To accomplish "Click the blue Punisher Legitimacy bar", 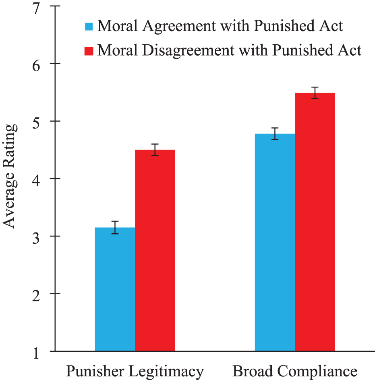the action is (115, 289).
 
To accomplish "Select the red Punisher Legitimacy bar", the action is (155, 251).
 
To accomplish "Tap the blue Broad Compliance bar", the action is (275, 243).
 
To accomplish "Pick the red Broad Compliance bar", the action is (315, 222).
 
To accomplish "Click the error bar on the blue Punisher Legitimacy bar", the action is (115, 228).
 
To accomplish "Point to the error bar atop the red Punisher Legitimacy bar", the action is (155, 150).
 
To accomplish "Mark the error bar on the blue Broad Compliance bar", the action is (275, 134).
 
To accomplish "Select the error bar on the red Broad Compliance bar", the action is (315, 93).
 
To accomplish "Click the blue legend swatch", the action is (89, 27).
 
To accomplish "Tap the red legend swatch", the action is (89, 51).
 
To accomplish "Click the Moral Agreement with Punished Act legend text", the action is (220, 26).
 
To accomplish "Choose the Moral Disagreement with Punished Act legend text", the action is (230, 50).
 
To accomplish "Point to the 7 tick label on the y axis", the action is (36, 9).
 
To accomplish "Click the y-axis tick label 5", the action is (36, 124).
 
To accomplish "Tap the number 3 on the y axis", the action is (36, 239).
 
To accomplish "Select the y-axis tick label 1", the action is (36, 354).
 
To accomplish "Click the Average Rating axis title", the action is (10, 176).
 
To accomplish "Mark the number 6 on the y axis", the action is (36, 66).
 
